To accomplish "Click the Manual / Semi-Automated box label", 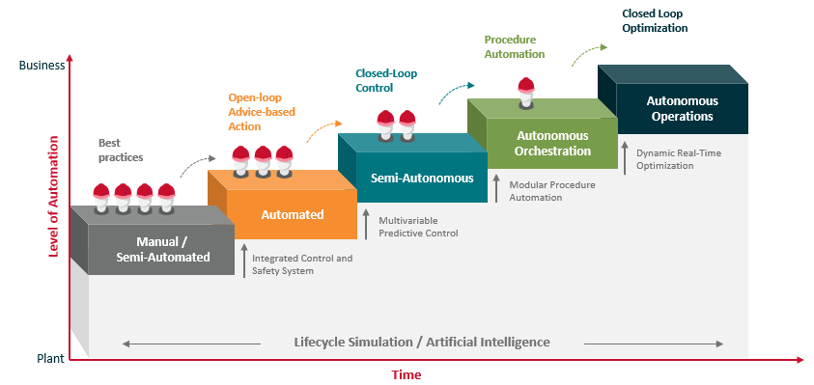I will (162, 249).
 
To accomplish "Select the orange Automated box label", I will (293, 214).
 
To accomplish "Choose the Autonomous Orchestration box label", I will (553, 144).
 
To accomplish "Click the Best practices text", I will (123, 150).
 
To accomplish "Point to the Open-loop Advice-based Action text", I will (262, 112).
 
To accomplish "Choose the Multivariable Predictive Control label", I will (418, 227).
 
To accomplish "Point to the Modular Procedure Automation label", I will (551, 190).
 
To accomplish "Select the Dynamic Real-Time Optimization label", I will (679, 158).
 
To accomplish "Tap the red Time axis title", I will (407, 374).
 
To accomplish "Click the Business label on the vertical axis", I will (42, 66).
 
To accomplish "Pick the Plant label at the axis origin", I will (49, 359).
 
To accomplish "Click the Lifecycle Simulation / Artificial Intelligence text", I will (422, 343).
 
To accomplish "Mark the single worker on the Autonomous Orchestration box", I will (525, 92).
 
